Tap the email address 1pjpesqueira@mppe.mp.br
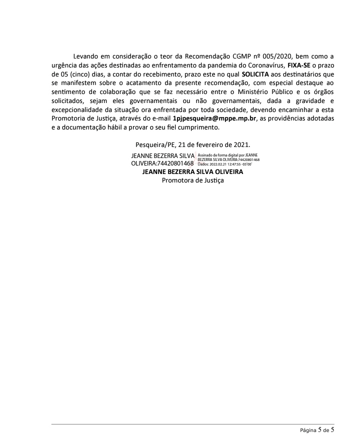tap(214, 119)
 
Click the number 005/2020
tap(276, 56)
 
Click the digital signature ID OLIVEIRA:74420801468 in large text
tap(162, 163)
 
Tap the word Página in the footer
tap(308, 430)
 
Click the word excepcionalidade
tap(82, 110)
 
